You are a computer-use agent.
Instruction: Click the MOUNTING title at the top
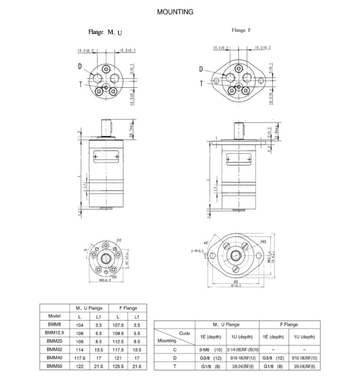175,12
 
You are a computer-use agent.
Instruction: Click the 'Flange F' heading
241,30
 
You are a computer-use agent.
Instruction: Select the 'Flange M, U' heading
105,32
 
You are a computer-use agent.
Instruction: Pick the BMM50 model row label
54,366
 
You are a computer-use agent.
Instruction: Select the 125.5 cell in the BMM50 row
118,366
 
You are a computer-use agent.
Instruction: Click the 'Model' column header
54,316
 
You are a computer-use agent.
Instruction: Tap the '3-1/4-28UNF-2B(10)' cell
242,350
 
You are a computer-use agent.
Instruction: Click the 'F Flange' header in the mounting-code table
288,325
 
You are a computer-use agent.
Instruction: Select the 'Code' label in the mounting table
184,333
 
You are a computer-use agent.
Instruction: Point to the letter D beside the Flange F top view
201,69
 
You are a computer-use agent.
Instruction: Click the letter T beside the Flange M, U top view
80,85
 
